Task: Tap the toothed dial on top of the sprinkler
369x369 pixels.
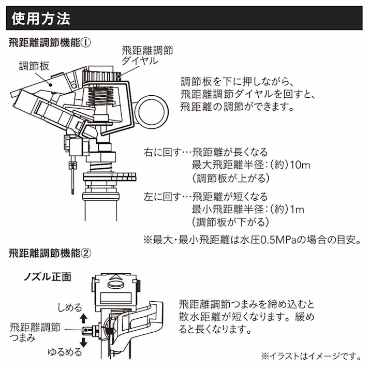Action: click(104, 77)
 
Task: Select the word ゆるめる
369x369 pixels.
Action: click(65, 352)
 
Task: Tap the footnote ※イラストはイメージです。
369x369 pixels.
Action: click(309, 356)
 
